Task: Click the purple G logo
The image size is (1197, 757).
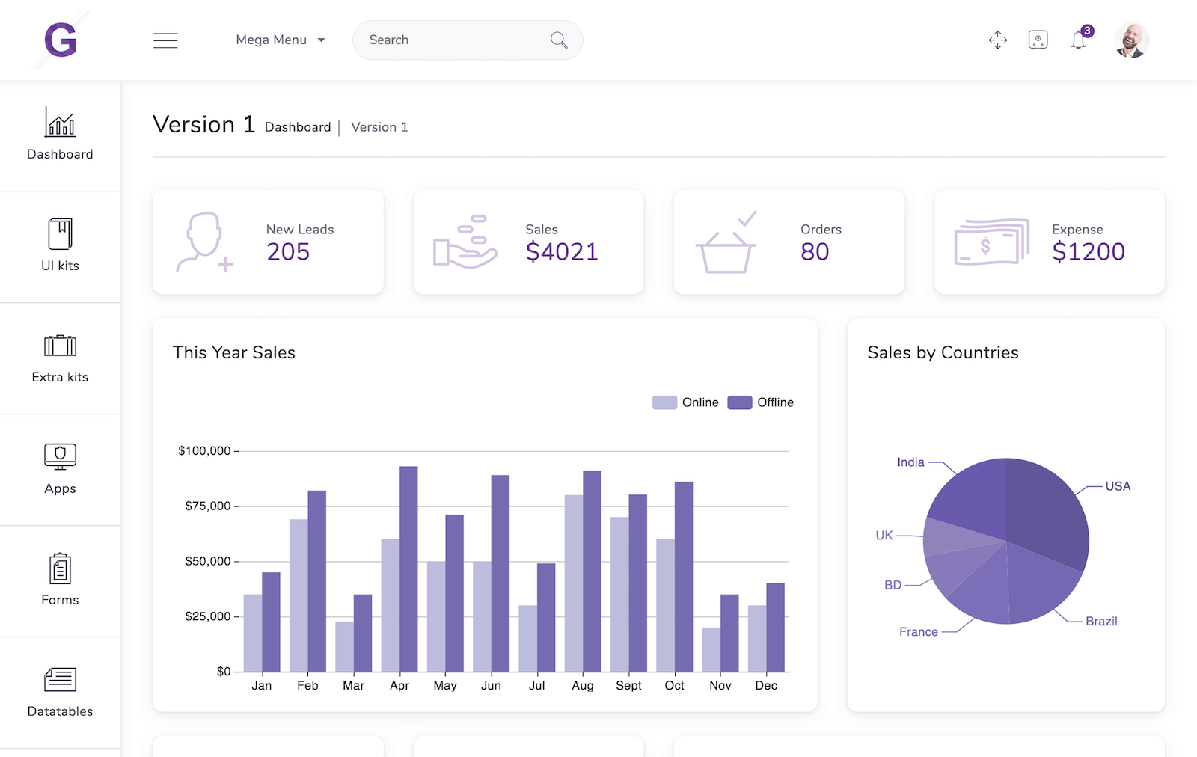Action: coord(61,40)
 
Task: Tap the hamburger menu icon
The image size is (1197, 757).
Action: coord(165,40)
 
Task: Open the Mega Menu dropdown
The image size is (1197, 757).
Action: coord(281,40)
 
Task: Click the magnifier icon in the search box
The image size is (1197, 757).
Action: coord(558,40)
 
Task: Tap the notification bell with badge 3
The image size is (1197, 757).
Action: coord(1079,40)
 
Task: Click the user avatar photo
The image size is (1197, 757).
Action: coord(1131,40)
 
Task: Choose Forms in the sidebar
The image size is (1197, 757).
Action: coord(60,580)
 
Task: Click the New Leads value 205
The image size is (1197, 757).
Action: coord(288,252)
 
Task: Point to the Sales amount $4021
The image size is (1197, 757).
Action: coord(562,252)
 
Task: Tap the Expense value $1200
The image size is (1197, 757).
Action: coord(1089,252)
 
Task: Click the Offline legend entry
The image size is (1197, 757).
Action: coord(761,402)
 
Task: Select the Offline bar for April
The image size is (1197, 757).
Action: coord(408,568)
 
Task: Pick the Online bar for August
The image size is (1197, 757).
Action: coord(574,583)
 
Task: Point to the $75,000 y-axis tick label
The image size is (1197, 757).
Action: coord(208,506)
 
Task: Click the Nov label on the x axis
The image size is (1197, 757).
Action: coord(720,686)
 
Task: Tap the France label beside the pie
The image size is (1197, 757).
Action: coord(919,632)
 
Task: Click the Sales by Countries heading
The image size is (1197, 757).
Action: coord(943,353)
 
